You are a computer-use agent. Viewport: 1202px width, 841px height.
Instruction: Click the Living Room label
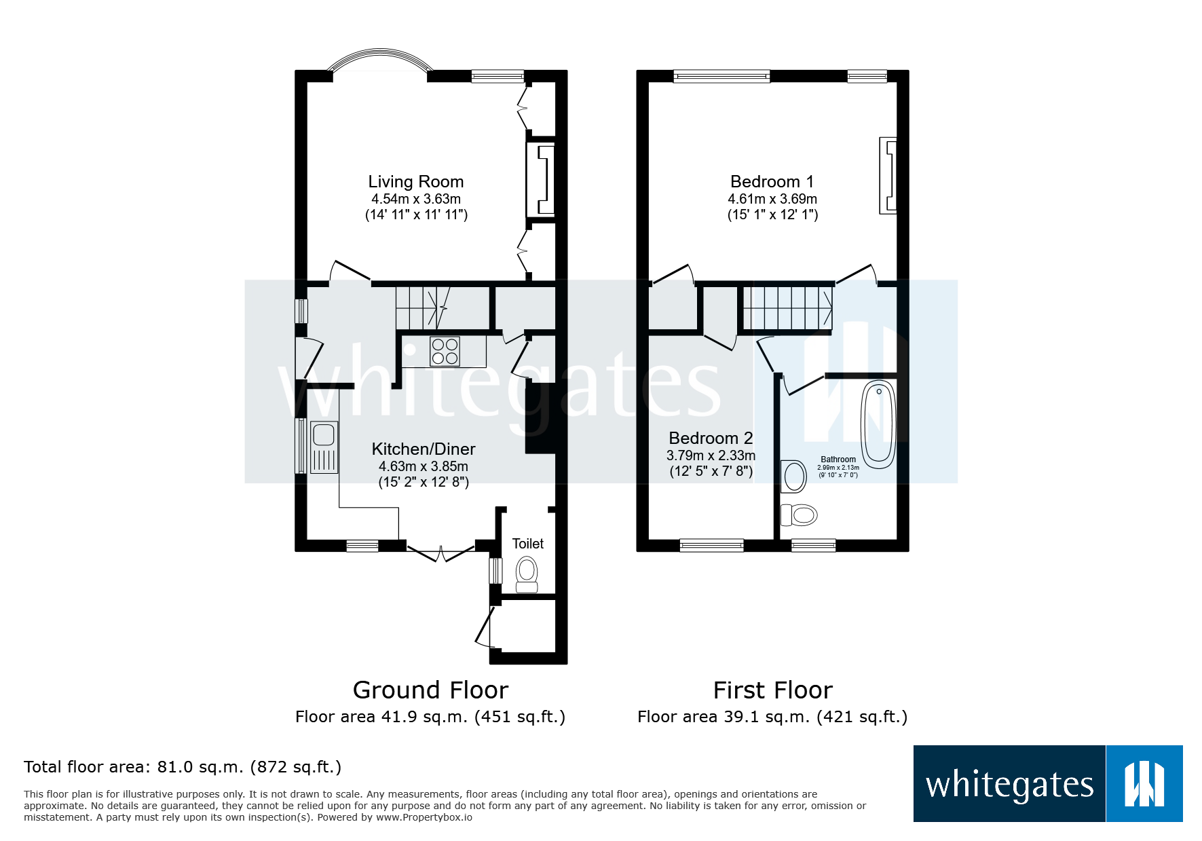pos(415,181)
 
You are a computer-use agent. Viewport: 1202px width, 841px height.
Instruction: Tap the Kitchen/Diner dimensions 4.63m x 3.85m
pos(423,466)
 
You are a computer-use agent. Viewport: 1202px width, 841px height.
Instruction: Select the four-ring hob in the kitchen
pos(445,352)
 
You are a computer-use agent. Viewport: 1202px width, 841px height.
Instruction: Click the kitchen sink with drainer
pos(324,447)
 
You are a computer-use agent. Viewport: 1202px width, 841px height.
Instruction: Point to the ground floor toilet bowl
pos(527,574)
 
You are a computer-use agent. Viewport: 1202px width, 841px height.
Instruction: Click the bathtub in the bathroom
pos(878,424)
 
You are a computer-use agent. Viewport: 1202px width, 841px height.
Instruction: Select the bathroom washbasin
pos(793,476)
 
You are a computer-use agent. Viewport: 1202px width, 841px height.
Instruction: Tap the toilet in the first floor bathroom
pos(800,515)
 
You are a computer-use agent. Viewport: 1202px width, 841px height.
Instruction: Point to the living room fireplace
pos(542,180)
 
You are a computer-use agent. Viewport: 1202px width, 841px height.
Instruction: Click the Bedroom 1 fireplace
pos(888,176)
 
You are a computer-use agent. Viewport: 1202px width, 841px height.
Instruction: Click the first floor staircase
pos(787,307)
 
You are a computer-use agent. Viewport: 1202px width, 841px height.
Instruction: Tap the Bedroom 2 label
pos(711,438)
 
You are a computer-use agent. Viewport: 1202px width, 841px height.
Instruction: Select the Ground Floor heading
pos(430,690)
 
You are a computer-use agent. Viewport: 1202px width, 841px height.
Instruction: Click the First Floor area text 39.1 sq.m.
pos(772,717)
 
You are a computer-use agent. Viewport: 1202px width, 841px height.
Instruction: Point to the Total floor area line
pos(182,767)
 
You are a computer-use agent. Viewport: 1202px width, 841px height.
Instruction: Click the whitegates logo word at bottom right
pos(1009,785)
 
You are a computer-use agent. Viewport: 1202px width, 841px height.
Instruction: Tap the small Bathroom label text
pos(838,460)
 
